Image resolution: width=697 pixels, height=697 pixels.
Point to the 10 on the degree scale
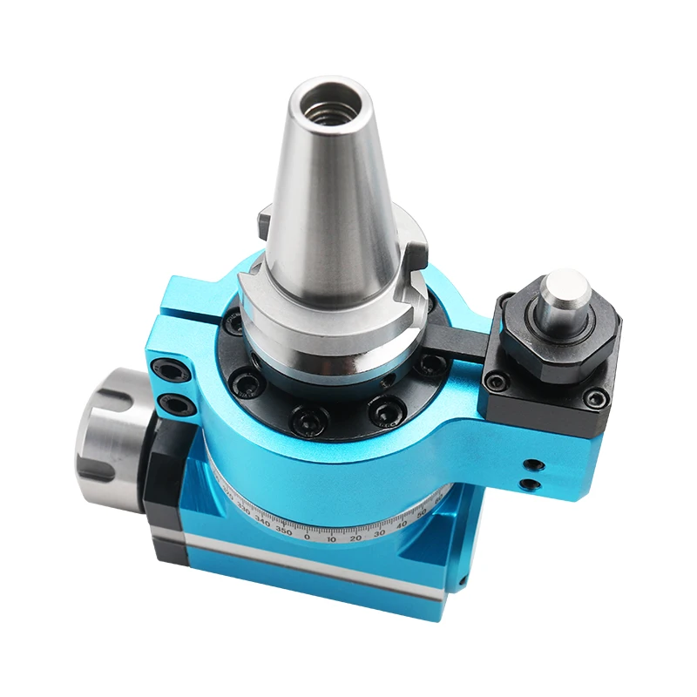[331, 538]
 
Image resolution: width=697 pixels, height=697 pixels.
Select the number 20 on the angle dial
[355, 537]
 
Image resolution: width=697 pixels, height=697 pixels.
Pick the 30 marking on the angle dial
[379, 531]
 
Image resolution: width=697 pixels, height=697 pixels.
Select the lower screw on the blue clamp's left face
[173, 403]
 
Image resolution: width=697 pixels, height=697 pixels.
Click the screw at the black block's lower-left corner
[497, 380]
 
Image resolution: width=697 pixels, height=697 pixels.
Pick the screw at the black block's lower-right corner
[596, 398]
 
